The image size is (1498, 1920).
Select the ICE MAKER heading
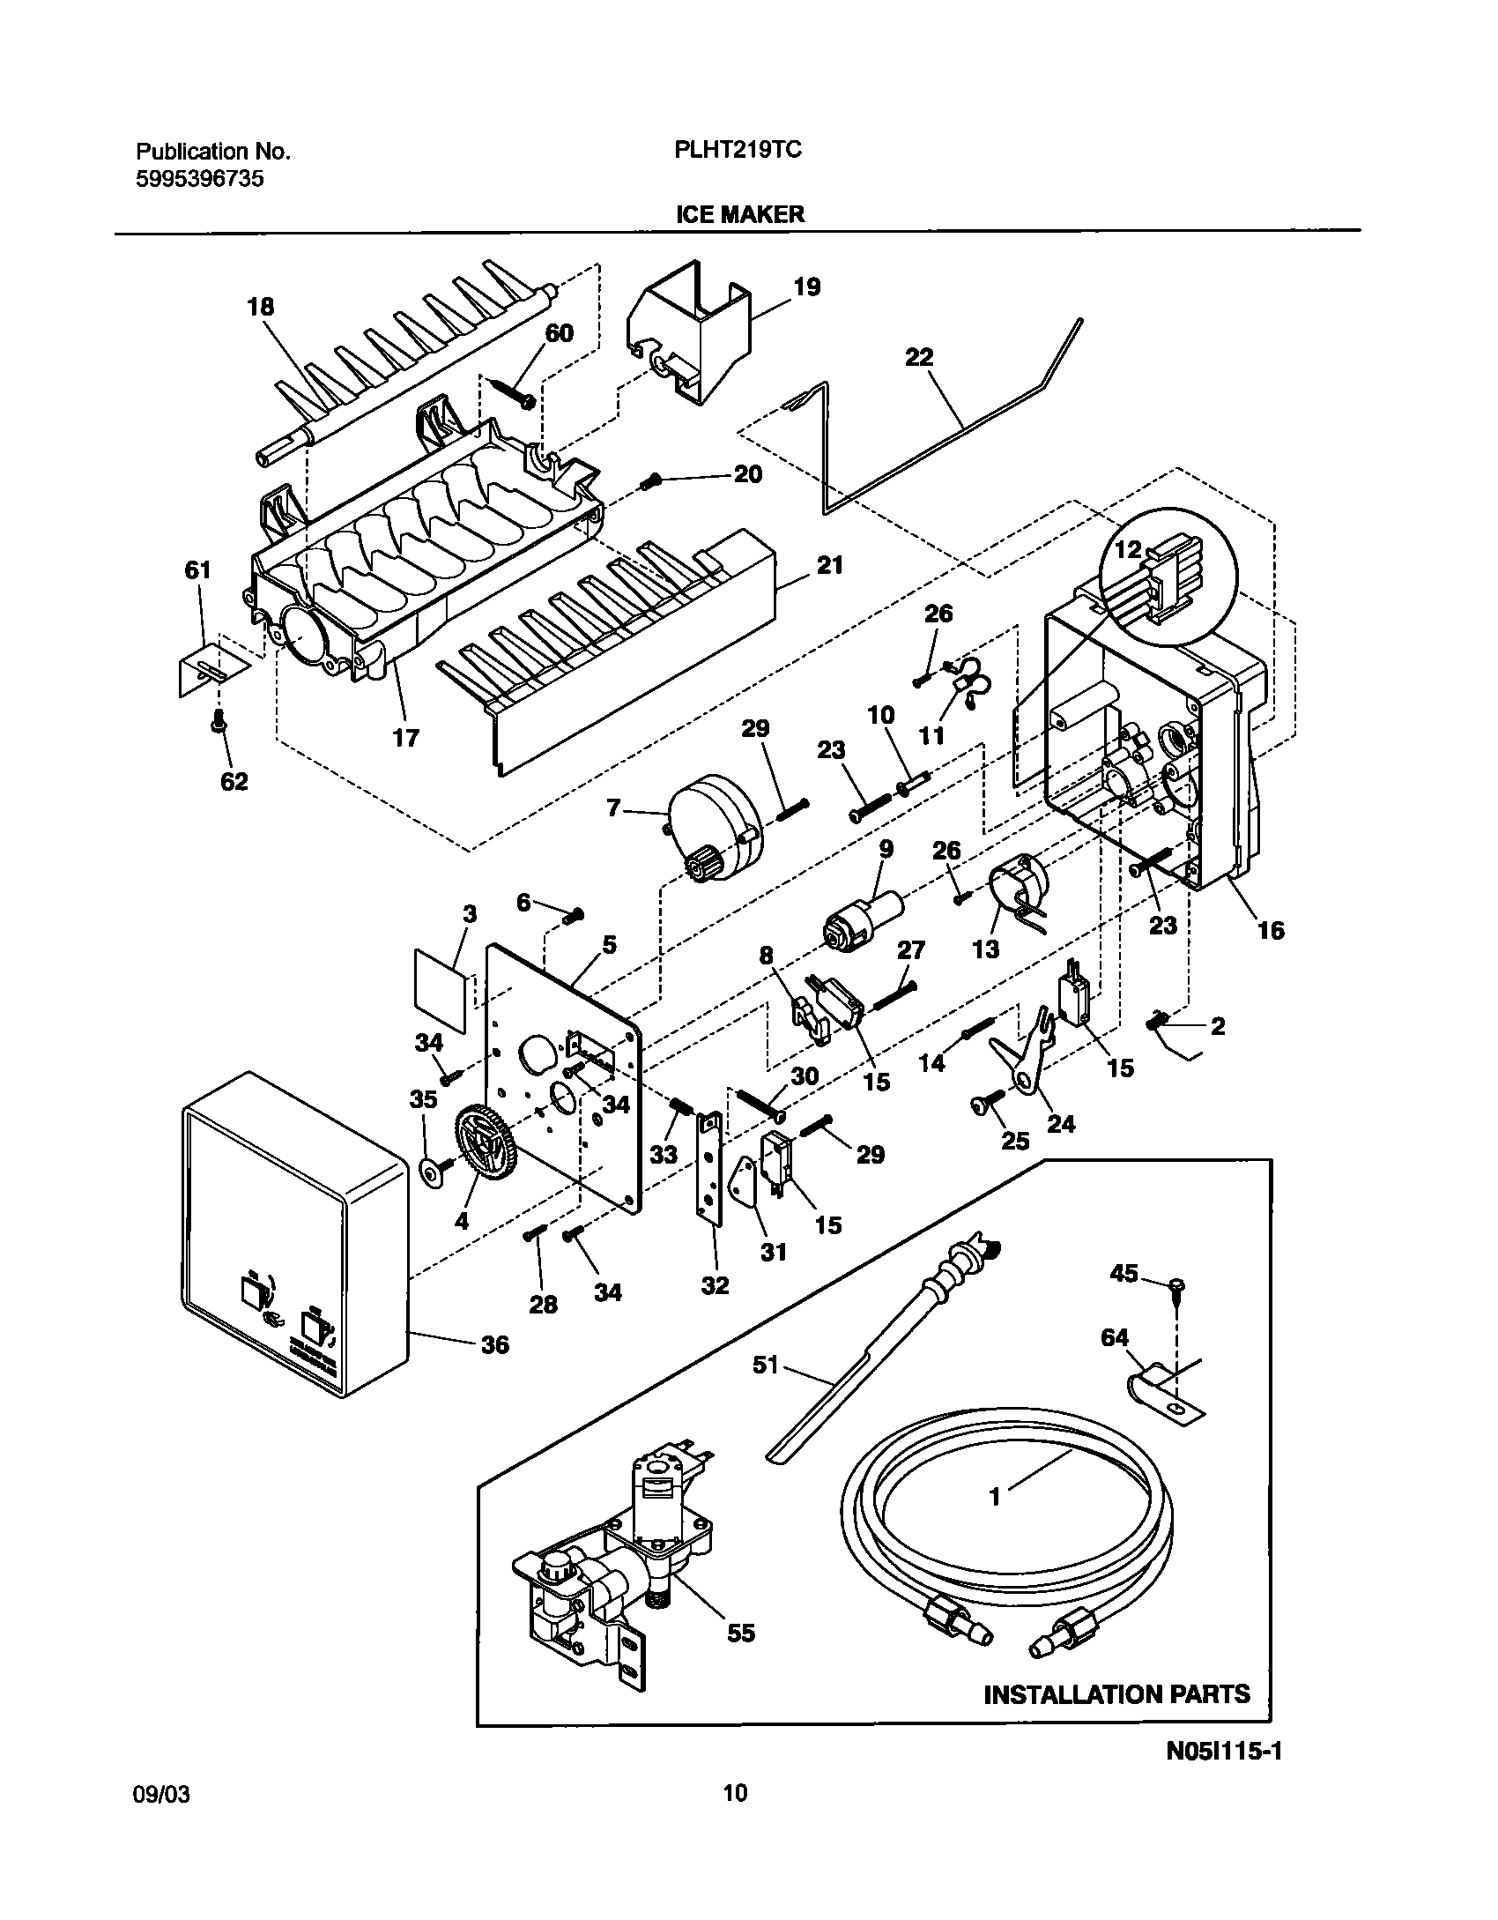pyautogui.click(x=739, y=214)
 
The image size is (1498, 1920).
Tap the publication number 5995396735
pyautogui.click(x=199, y=179)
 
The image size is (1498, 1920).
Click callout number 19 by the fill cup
pyautogui.click(x=806, y=287)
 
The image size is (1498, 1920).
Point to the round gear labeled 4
pyautogui.click(x=486, y=1142)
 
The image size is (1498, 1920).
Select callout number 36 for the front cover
pyautogui.click(x=495, y=1344)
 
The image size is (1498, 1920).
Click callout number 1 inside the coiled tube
pyautogui.click(x=995, y=1497)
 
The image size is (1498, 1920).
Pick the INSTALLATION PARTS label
pyautogui.click(x=1116, y=1693)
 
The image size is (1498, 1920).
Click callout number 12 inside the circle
pyautogui.click(x=1129, y=550)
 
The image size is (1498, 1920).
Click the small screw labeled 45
pyautogui.click(x=1178, y=1288)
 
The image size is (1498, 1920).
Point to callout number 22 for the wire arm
pyautogui.click(x=918, y=357)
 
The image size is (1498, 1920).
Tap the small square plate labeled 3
pyautogui.click(x=440, y=990)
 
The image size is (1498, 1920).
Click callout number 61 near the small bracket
pyautogui.click(x=197, y=570)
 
